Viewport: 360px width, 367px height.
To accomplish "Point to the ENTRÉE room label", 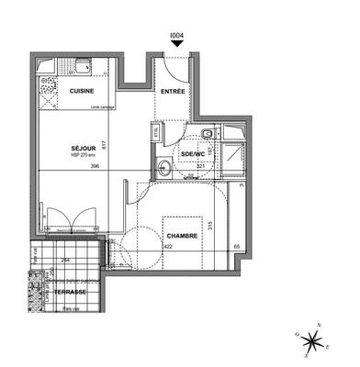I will click(173, 92).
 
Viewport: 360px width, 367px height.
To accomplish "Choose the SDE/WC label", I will click(192, 153).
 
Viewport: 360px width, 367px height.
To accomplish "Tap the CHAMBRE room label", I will click(182, 236).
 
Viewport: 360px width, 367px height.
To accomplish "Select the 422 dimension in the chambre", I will click(168, 246).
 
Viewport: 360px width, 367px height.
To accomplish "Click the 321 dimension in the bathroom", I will click(198, 165).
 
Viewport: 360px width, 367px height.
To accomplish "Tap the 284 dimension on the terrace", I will click(65, 260).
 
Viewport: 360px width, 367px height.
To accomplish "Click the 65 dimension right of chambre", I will click(236, 246).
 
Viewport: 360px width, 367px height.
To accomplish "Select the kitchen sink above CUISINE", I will click(82, 65).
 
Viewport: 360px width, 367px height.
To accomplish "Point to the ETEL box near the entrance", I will click(157, 131).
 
